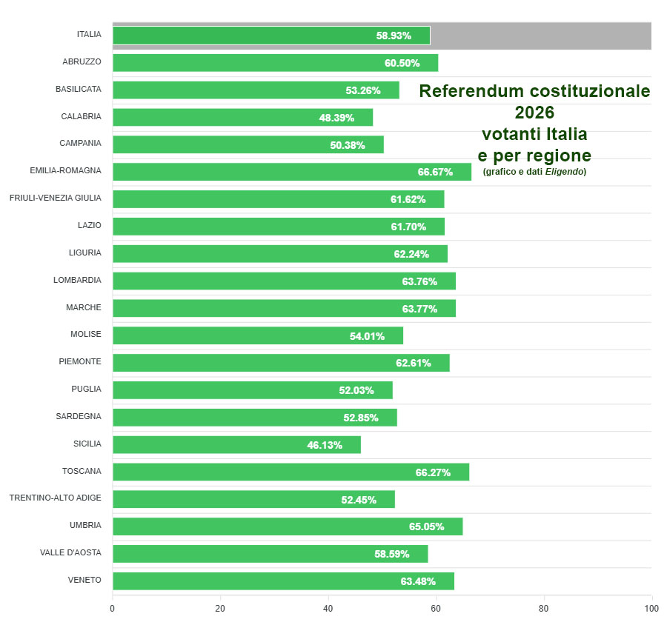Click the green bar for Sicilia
pos(236,444)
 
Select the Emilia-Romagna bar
pos(291,172)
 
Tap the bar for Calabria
pos(242,118)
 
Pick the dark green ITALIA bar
pos(271,36)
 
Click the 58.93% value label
pos(394,36)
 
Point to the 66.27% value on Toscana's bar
pos(433,472)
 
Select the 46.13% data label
pos(325,445)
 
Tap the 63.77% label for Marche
pos(419,309)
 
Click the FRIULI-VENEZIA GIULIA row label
pos(56,198)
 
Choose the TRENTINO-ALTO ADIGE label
pos(56,498)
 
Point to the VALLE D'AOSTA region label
pos(71,552)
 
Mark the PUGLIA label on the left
pos(87,389)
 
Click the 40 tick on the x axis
pos(328,609)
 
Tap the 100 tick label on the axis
pos(651,609)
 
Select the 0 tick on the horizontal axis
pos(113,609)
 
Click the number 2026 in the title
pos(534,113)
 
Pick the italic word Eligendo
pos(565,172)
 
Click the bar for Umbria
pos(288,526)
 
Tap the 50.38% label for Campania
pos(348,145)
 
